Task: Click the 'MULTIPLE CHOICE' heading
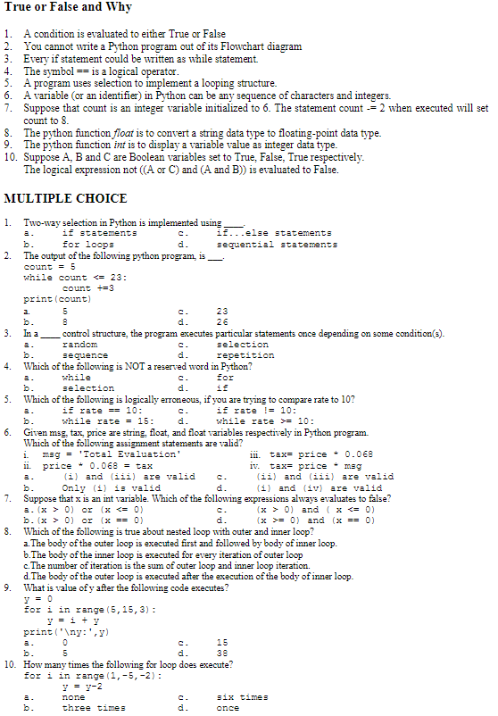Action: [65, 198]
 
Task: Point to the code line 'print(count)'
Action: [55, 298]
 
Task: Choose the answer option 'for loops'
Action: [87, 244]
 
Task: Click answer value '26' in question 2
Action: [222, 321]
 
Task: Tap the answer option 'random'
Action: [79, 344]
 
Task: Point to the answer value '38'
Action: [222, 653]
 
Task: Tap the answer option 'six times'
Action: [242, 696]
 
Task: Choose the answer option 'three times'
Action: [94, 708]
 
